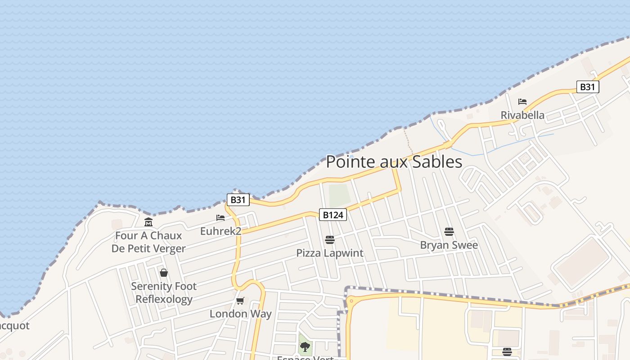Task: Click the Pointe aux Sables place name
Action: pos(394,162)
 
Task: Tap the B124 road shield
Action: pos(333,215)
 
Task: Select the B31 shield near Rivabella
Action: pos(588,87)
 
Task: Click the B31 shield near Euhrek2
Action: pos(238,200)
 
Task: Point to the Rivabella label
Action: pos(522,115)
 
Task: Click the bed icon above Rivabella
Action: pos(522,102)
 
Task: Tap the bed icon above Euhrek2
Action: pos(220,218)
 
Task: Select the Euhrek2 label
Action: pos(220,231)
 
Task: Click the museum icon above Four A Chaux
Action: pos(148,222)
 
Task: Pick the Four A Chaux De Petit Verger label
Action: pos(148,242)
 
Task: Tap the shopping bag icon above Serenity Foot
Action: pos(164,273)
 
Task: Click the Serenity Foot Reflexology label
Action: pos(164,292)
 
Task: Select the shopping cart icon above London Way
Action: pos(240,301)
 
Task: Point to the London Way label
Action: pos(240,314)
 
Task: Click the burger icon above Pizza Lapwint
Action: pos(330,239)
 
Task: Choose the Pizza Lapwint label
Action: pos(330,253)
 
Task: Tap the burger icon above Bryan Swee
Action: pos(449,232)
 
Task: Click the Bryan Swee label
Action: pos(449,245)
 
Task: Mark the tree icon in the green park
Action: pos(305,346)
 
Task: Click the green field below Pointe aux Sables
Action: pos(339,195)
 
